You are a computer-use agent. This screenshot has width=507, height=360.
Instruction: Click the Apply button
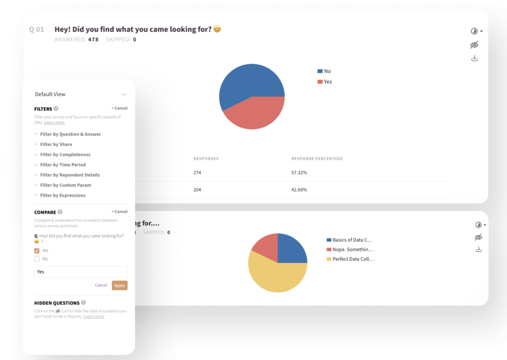pyautogui.click(x=120, y=285)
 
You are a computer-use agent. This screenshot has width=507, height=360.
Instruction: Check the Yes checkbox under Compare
pyautogui.click(x=37, y=251)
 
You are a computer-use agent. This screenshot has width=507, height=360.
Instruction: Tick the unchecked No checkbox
pyautogui.click(x=37, y=259)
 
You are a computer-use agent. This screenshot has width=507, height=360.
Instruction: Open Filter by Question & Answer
pyautogui.click(x=70, y=134)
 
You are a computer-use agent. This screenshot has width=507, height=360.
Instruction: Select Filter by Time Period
pyautogui.click(x=63, y=165)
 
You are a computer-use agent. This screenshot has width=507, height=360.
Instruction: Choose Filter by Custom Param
pyautogui.click(x=65, y=185)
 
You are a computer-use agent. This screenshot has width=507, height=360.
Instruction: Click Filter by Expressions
pyautogui.click(x=63, y=195)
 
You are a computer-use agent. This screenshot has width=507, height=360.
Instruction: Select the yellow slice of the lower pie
pyautogui.click(x=275, y=277)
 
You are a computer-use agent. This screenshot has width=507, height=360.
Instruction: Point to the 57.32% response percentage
pyautogui.click(x=299, y=173)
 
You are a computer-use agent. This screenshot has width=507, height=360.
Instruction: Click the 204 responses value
pyautogui.click(x=197, y=190)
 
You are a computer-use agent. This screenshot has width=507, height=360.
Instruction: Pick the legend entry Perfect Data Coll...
pyautogui.click(x=353, y=259)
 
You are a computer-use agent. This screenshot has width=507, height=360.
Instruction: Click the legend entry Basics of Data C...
pyautogui.click(x=352, y=240)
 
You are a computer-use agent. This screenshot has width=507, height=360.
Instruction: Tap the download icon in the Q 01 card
pyautogui.click(x=474, y=58)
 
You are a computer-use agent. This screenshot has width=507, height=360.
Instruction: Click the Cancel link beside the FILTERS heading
pyautogui.click(x=120, y=108)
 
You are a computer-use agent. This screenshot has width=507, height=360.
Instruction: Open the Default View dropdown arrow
pyautogui.click(x=124, y=94)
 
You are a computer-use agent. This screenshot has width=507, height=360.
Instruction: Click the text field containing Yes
pyautogui.click(x=81, y=272)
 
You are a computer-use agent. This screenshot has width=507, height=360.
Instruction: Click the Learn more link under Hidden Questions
pyautogui.click(x=93, y=316)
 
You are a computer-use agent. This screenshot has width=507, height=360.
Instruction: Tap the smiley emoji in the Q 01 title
pyautogui.click(x=217, y=29)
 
